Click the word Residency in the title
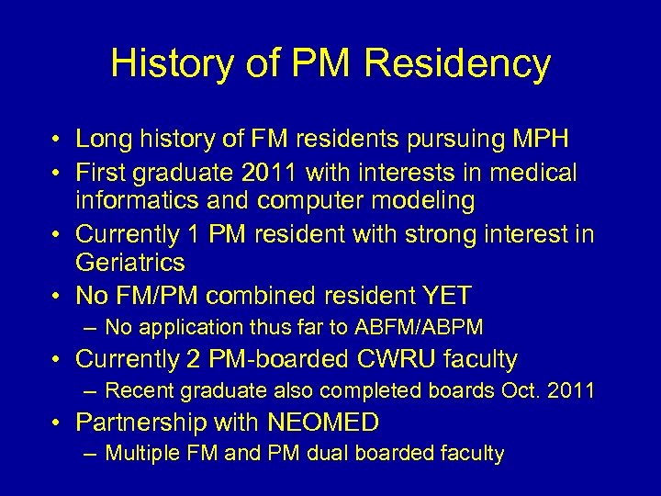click(x=457, y=64)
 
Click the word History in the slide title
click(x=174, y=64)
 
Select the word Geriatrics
click(x=130, y=263)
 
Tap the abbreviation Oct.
click(x=520, y=390)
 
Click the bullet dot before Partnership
click(x=57, y=423)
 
